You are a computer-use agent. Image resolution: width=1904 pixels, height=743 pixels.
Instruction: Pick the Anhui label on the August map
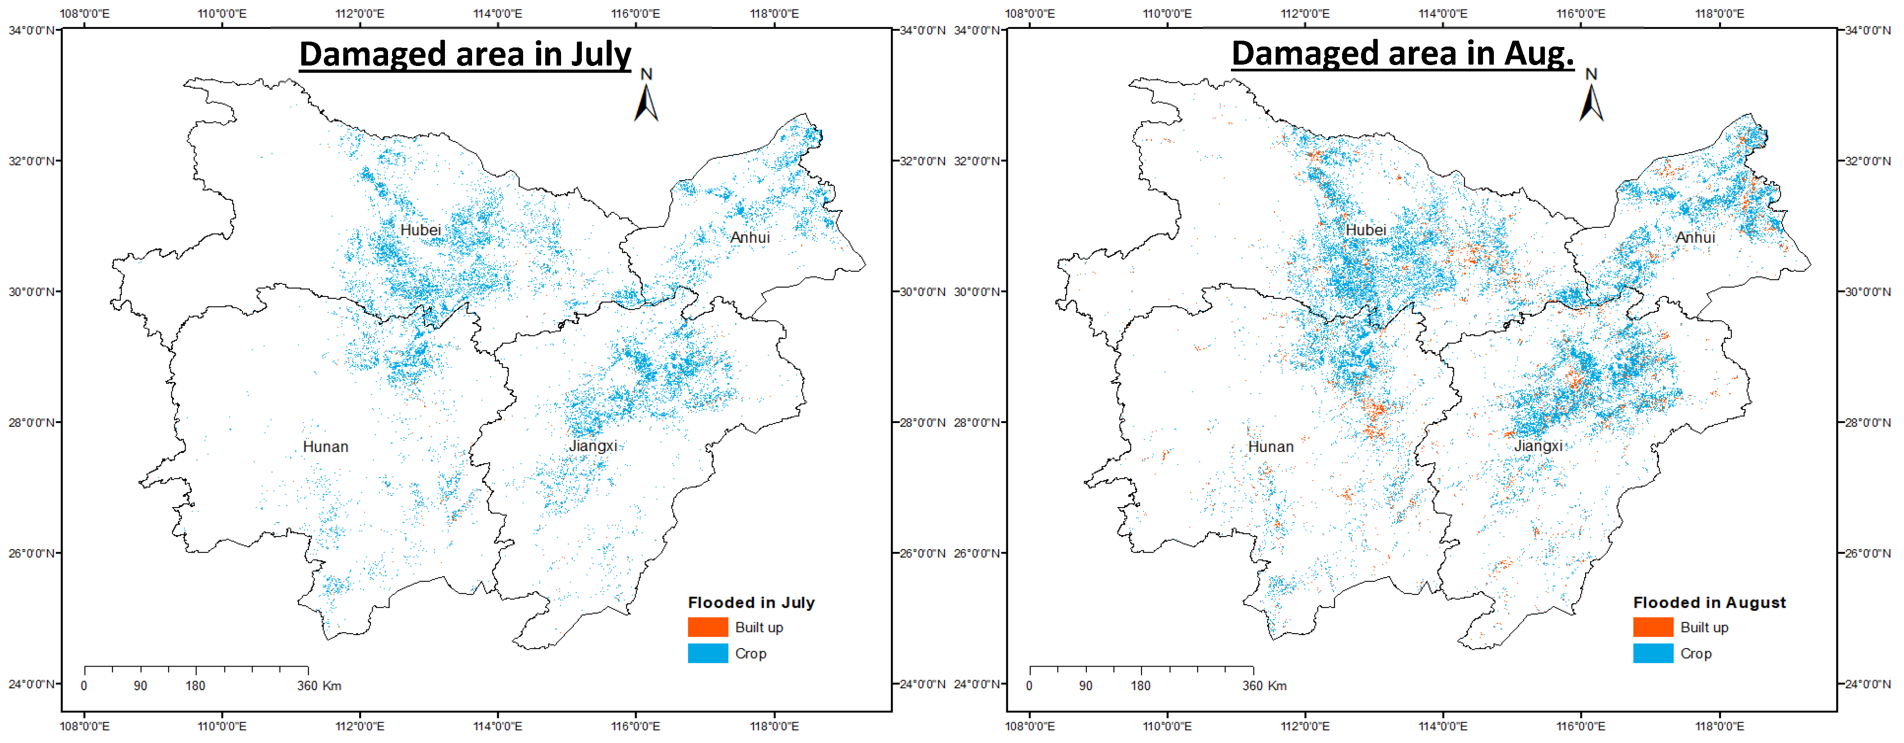click(x=1695, y=237)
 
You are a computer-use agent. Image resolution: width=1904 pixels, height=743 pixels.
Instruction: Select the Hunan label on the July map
click(x=325, y=447)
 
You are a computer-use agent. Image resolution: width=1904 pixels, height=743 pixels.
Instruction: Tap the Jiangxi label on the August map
click(x=1538, y=446)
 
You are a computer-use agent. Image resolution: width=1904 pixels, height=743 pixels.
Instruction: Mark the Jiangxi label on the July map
click(x=593, y=446)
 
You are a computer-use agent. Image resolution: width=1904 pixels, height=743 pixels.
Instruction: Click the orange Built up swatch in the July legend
click(x=707, y=627)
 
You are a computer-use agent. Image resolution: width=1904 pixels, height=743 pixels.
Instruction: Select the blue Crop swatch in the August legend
click(x=1653, y=654)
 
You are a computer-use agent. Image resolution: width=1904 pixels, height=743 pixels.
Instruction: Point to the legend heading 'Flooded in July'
click(x=751, y=602)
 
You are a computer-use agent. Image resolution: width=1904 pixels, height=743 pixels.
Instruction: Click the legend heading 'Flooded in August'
click(x=1709, y=602)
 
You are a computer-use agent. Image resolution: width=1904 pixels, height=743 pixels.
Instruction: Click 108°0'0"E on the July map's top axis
click(x=84, y=13)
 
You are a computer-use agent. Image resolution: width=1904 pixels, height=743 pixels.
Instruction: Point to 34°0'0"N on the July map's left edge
click(x=31, y=30)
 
